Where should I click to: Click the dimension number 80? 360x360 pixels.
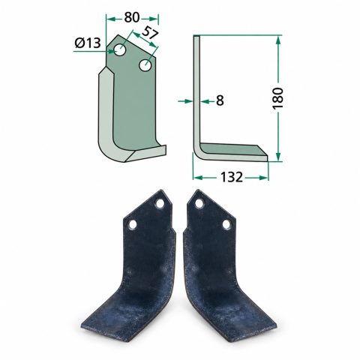132,17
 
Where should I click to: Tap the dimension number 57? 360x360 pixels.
149,32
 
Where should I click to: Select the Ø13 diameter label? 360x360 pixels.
88,43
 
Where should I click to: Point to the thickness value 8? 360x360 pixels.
220,100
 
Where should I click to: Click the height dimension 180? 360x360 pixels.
278,98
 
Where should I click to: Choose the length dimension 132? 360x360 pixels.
231,177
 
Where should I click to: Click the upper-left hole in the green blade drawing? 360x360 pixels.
120,50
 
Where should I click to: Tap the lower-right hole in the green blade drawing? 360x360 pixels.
145,65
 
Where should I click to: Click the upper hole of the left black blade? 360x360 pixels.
160,204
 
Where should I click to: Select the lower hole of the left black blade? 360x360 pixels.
133,224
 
